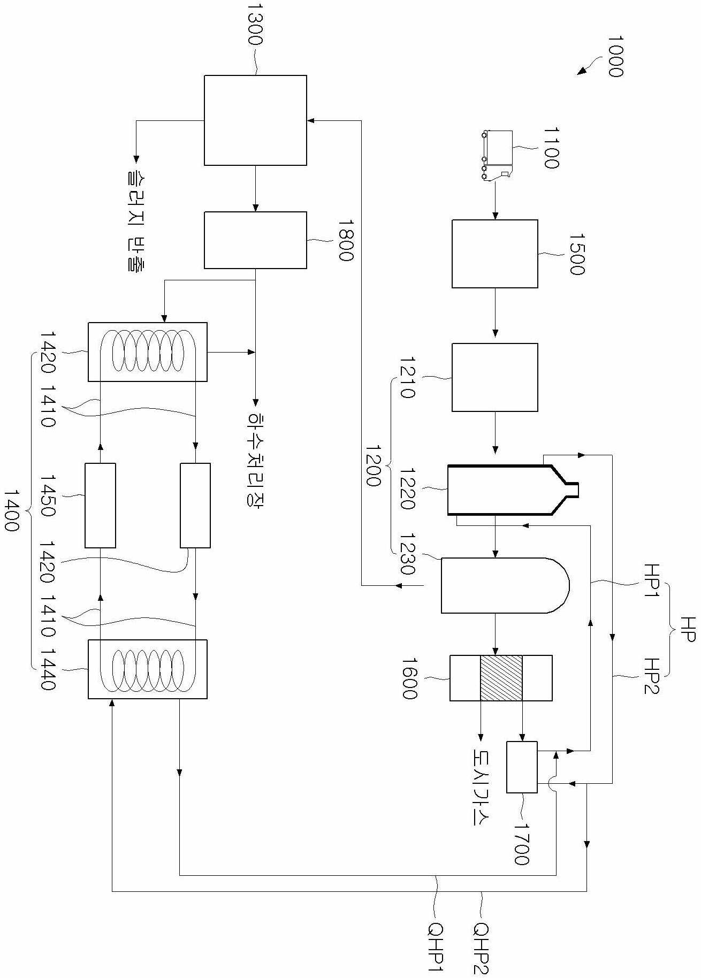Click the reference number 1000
(616, 57)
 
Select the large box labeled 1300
(255, 120)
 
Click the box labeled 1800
(255, 240)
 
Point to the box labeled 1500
(495, 254)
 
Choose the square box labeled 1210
(495, 377)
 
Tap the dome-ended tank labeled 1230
(505, 585)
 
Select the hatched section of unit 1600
(501, 678)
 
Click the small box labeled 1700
(522, 767)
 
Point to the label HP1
(652, 580)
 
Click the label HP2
(652, 676)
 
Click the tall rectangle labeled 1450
(100, 506)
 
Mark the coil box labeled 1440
(148, 669)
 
